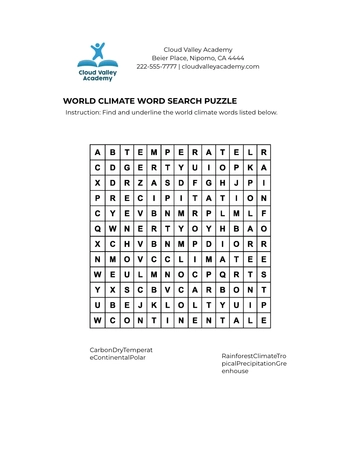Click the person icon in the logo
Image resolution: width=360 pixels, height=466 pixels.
point(97,53)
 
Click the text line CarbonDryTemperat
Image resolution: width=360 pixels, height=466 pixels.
point(121,350)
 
